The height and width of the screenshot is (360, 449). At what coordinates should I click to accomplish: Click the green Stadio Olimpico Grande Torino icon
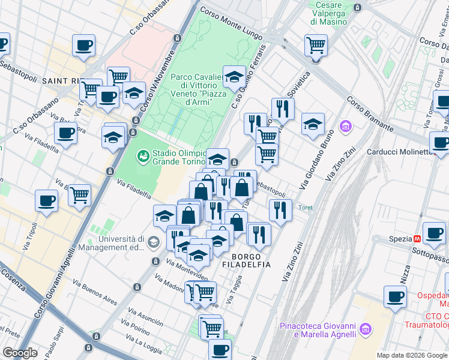click(143, 157)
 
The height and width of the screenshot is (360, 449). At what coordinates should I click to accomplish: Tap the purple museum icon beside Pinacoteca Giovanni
click(365, 330)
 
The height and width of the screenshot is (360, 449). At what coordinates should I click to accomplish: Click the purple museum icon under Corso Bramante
click(345, 126)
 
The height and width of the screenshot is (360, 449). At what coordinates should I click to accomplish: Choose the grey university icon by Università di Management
click(154, 242)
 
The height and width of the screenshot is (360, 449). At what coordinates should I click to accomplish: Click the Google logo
click(20, 353)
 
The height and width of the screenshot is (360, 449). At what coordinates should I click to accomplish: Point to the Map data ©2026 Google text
click(411, 355)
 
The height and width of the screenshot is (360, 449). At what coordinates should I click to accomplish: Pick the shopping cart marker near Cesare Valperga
click(316, 44)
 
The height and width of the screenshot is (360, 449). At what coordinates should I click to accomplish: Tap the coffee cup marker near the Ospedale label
click(395, 296)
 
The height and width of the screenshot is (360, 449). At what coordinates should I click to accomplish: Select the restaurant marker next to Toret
click(280, 210)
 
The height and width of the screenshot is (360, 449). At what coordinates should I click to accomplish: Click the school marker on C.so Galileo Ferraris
click(234, 76)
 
